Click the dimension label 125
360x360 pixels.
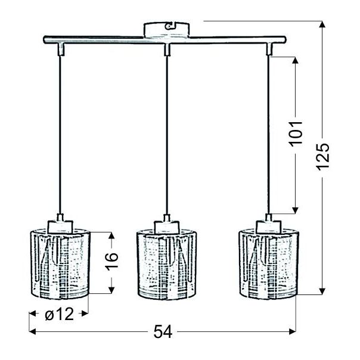pyautogui.click(x=322, y=156)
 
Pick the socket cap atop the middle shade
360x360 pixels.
pyautogui.click(x=167, y=225)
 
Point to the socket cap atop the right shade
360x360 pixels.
pyautogui.click(x=269, y=225)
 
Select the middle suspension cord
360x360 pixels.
pyautogui.click(x=167, y=131)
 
